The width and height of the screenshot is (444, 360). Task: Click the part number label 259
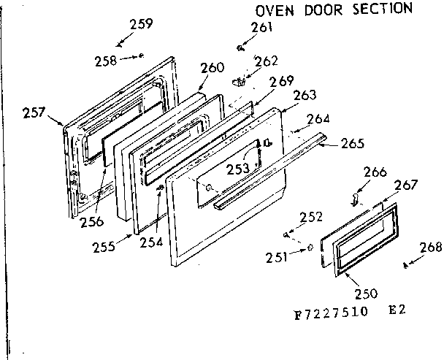tap(140, 24)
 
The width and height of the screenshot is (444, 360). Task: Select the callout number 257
tap(34, 112)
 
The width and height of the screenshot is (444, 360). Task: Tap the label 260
tap(211, 68)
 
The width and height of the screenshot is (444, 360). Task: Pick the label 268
tap(431, 248)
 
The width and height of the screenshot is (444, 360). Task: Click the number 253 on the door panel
tap(237, 169)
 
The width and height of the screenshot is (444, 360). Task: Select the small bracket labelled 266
tap(354, 198)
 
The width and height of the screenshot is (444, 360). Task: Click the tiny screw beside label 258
tap(140, 55)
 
